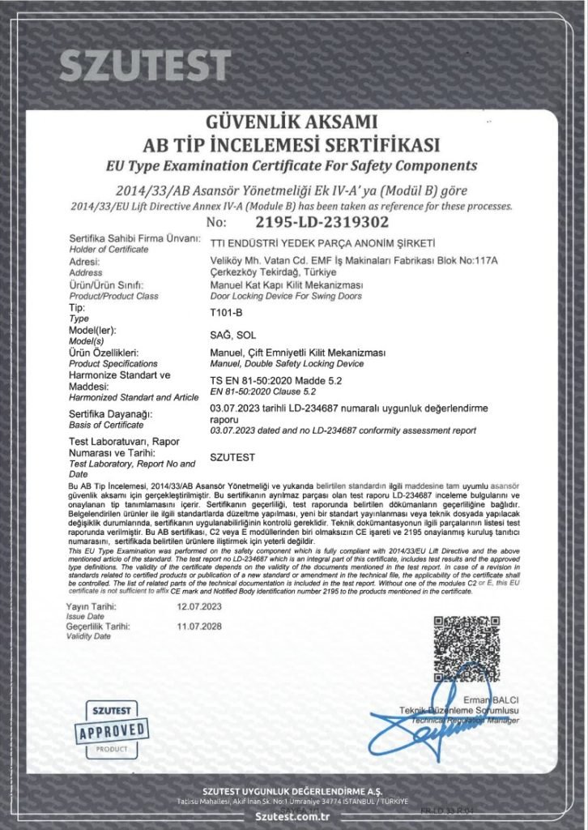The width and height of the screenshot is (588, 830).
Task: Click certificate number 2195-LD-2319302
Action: tap(322, 221)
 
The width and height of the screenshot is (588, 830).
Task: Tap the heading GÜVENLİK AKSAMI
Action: tap(292, 122)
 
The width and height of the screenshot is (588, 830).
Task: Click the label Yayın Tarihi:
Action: tap(92, 606)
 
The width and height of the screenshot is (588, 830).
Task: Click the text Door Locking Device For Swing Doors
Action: tap(287, 296)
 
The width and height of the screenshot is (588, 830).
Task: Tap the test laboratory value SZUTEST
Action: tap(232, 457)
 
